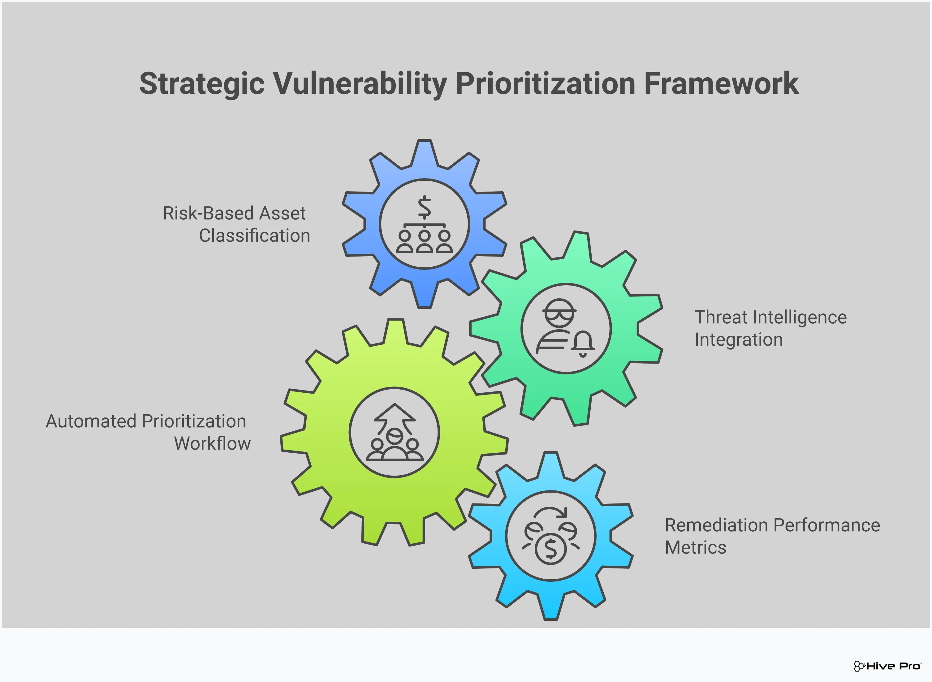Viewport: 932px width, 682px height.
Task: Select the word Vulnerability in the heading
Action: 360,84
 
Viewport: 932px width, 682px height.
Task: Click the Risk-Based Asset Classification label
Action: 236,224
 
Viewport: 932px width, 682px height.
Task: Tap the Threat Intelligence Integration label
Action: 770,328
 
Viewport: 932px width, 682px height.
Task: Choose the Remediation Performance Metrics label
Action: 772,536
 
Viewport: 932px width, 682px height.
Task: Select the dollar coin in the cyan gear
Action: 550,549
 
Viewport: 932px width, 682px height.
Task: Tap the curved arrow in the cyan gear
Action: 550,513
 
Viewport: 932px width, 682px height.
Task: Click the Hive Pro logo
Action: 887,666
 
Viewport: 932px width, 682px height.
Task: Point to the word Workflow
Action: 212,443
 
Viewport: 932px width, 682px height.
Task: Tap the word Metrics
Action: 696,547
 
